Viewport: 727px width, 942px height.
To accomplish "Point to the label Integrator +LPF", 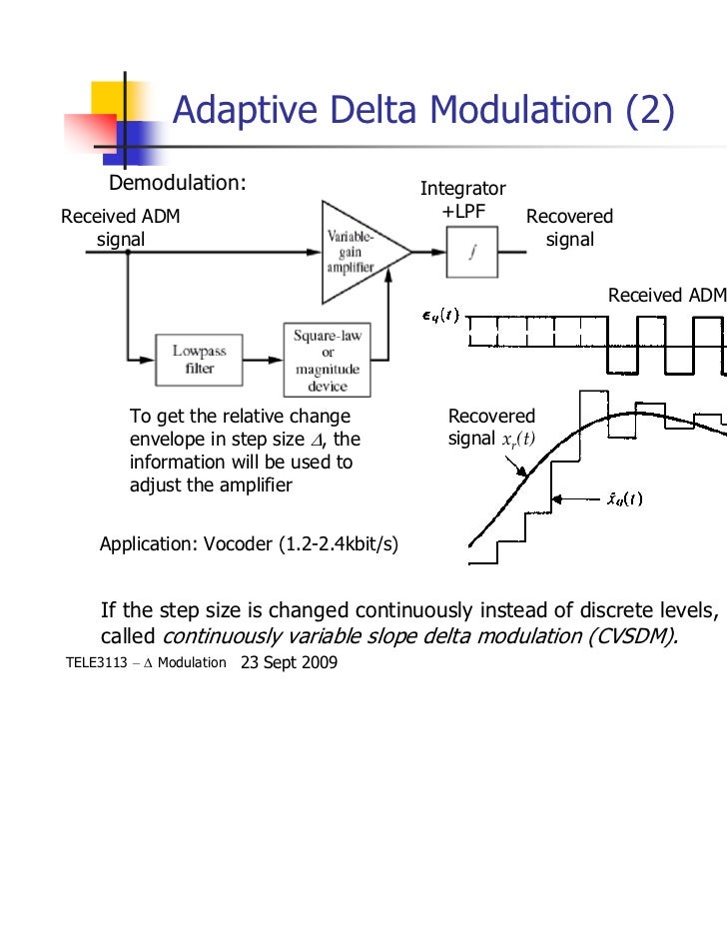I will click(x=462, y=200).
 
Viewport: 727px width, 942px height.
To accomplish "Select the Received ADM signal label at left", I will click(x=121, y=228).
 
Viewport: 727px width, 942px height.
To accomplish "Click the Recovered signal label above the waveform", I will click(x=569, y=228).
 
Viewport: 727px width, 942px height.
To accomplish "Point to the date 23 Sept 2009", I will click(x=290, y=662).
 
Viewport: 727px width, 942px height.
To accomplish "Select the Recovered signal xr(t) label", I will click(x=492, y=428).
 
